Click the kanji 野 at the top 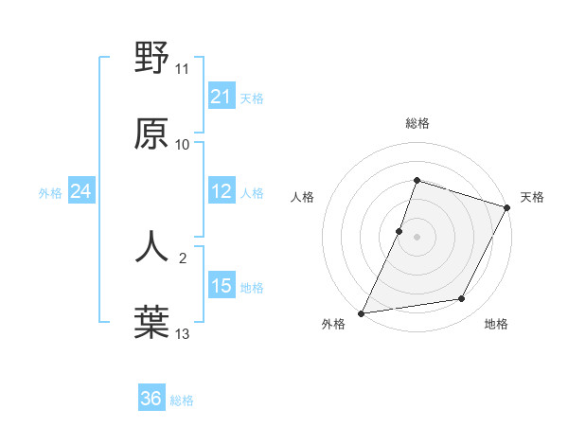pyautogui.click(x=151, y=59)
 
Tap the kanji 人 pyautogui.click(x=151, y=246)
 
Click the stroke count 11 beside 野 pyautogui.click(x=183, y=69)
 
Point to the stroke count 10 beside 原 pyautogui.click(x=183, y=144)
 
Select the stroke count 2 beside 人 pyautogui.click(x=184, y=257)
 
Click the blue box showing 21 pyautogui.click(x=222, y=97)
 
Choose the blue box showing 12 pyautogui.click(x=222, y=191)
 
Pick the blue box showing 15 pyautogui.click(x=222, y=286)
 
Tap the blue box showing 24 pyautogui.click(x=81, y=191)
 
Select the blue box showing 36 pyautogui.click(x=151, y=399)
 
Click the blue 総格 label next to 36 pyautogui.click(x=182, y=400)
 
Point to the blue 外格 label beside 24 pyautogui.click(x=50, y=193)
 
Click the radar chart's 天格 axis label pyautogui.click(x=532, y=197)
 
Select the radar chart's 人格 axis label pyautogui.click(x=302, y=197)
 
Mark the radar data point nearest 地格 pyautogui.click(x=462, y=299)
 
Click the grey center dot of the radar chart pyautogui.click(x=417, y=236)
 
